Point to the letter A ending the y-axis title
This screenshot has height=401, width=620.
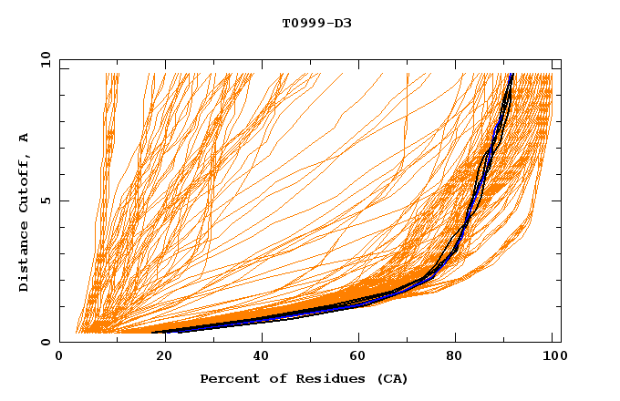(x=24, y=138)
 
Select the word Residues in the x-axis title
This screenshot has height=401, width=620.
(x=324, y=378)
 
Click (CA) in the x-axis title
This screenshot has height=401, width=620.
(x=389, y=378)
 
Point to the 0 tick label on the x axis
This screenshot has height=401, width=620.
(x=59, y=357)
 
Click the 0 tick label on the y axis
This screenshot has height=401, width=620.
(x=46, y=343)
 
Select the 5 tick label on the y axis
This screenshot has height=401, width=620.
(x=46, y=200)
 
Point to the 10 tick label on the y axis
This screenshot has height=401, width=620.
(x=42, y=59)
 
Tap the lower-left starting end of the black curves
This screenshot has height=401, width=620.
(x=153, y=332)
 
